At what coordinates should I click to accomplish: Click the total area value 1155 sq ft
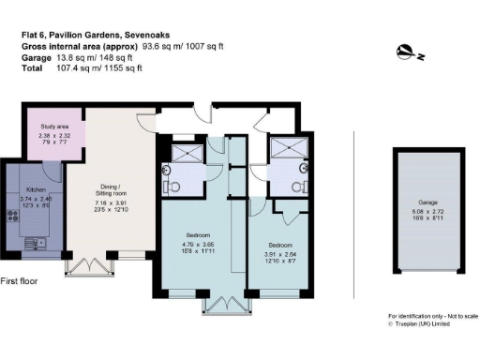[122, 68]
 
